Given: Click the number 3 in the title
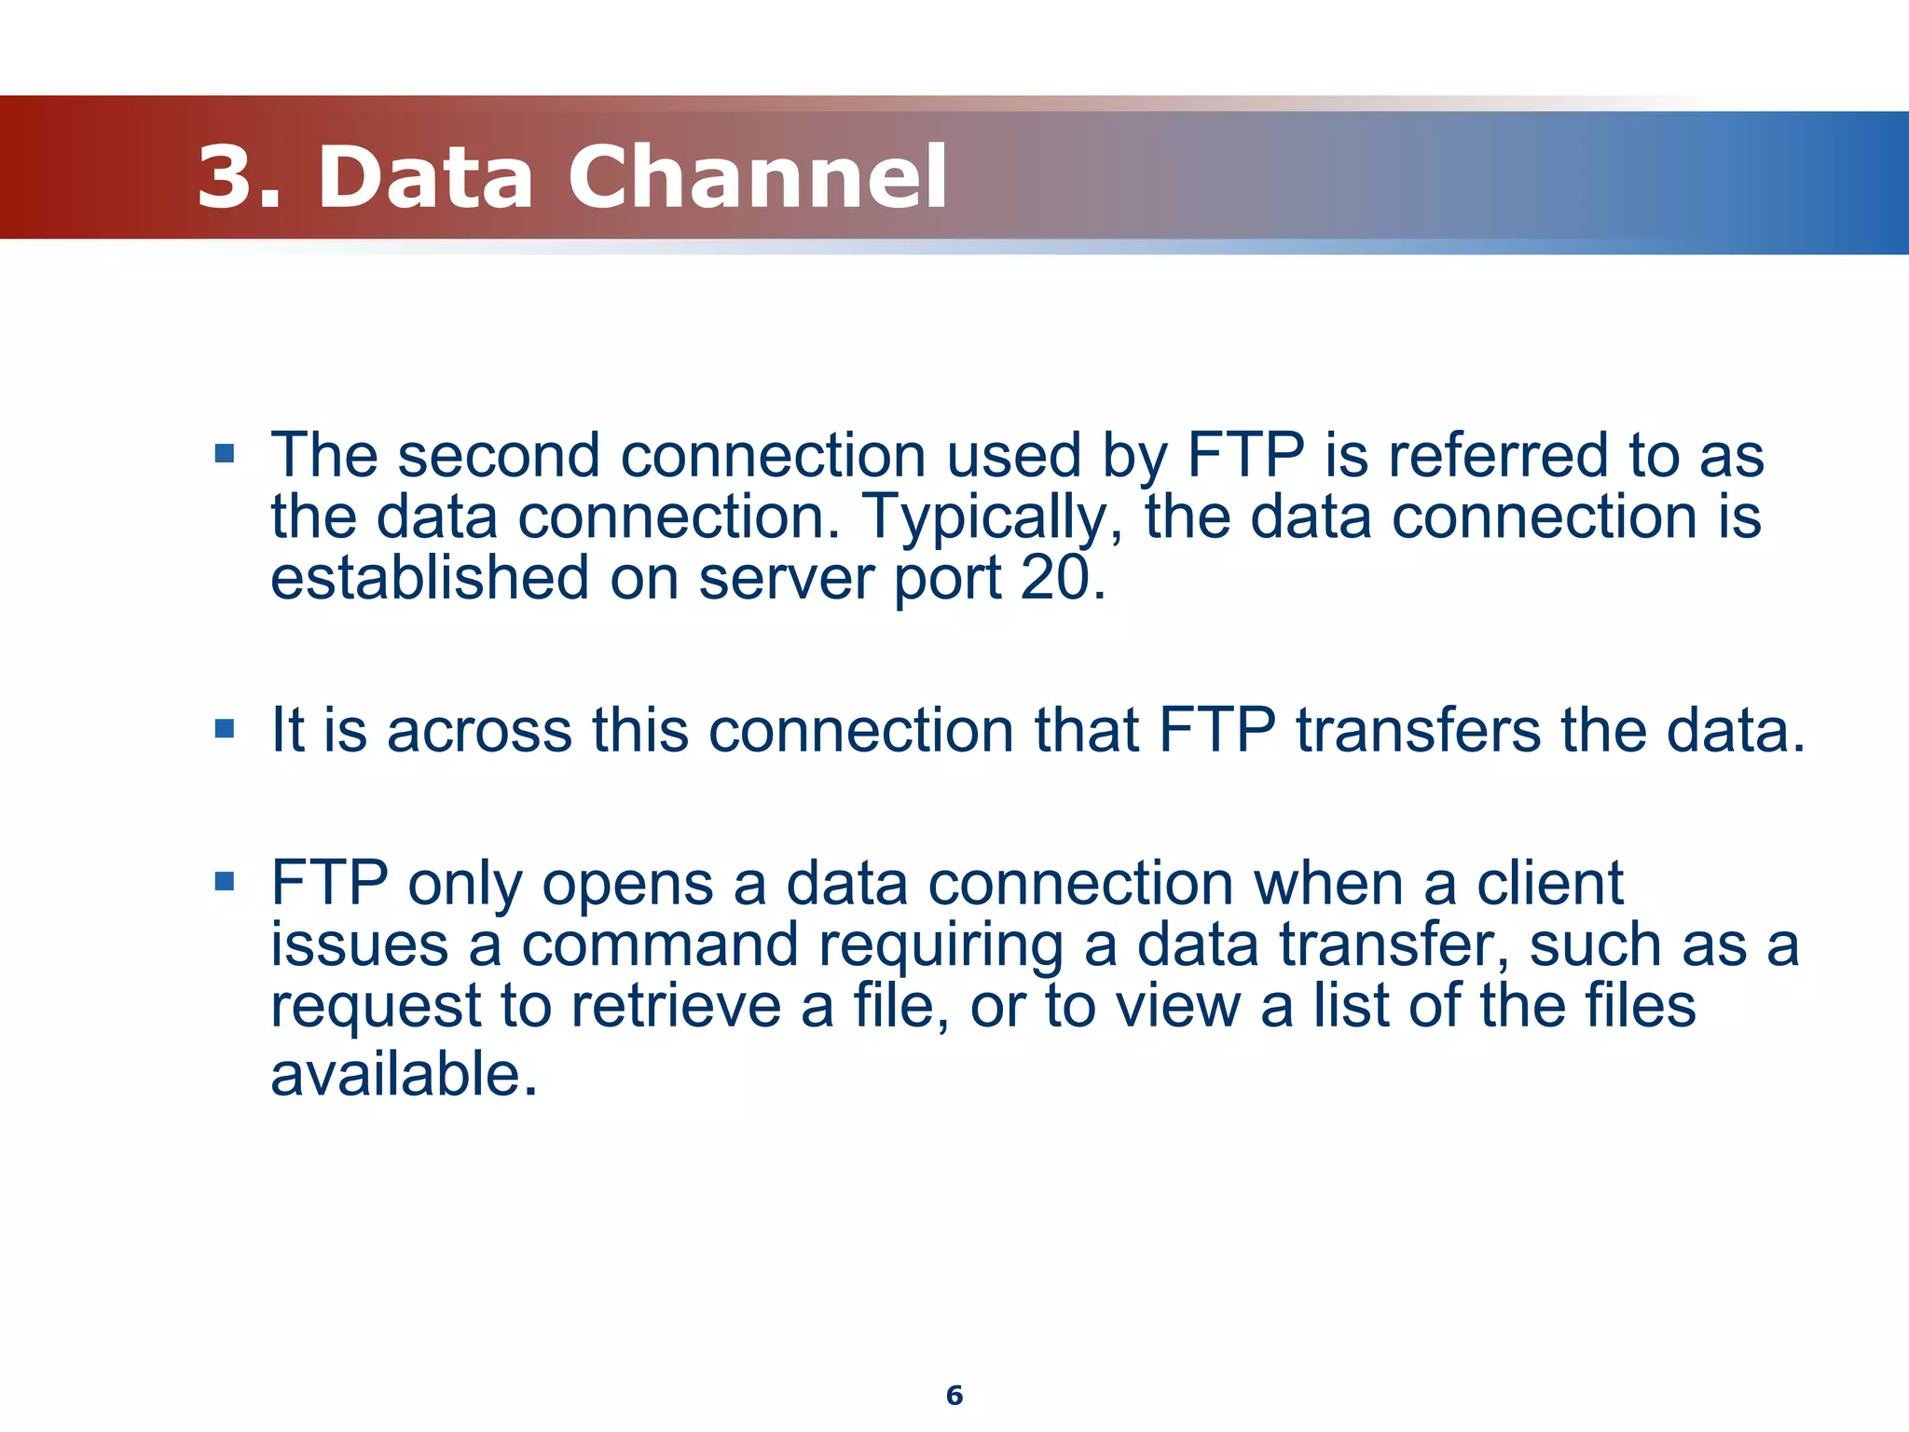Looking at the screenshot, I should click(x=227, y=177).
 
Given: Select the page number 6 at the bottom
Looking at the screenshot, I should click(x=954, y=1395).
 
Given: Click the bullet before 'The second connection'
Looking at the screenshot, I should click(x=224, y=454).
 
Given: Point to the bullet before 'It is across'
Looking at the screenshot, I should click(x=224, y=728).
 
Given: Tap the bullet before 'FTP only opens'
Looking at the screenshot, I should click(x=224, y=881).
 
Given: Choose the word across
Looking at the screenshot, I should click(x=479, y=731).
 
